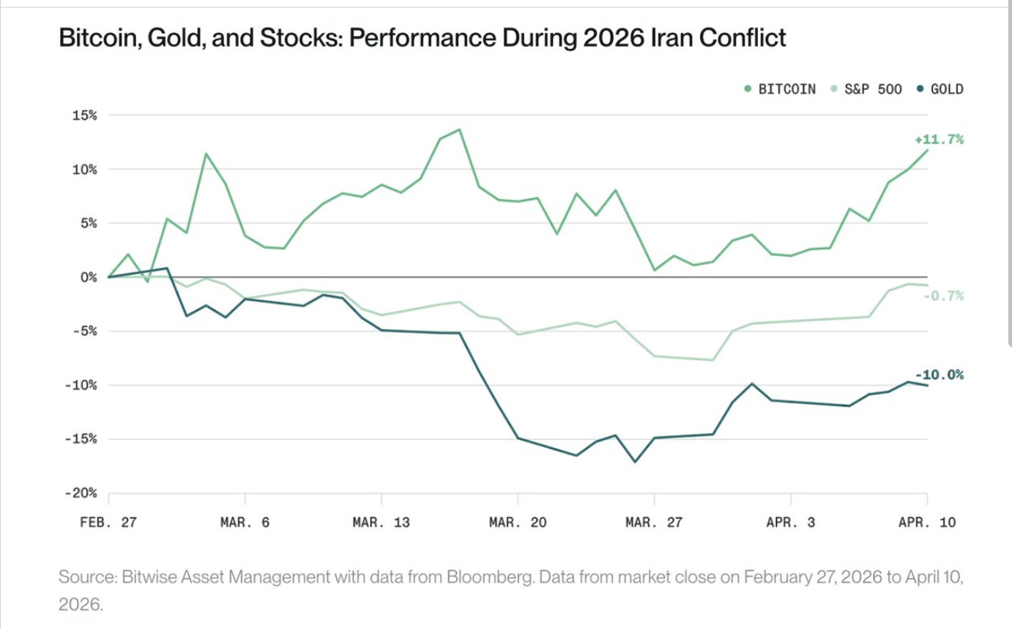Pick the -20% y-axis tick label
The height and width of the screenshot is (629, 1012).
tap(83, 493)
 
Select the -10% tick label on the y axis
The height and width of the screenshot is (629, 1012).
tap(83, 386)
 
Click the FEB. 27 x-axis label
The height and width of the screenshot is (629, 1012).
tap(108, 523)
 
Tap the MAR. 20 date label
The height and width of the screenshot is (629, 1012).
tap(518, 523)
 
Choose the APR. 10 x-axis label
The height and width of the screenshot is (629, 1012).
tap(927, 523)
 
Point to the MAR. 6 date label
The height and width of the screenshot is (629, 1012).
tap(245, 523)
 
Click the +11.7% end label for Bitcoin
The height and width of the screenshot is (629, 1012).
tap(939, 139)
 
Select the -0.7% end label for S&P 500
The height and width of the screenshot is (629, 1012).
tap(943, 296)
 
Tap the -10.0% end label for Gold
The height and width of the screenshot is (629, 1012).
tap(939, 375)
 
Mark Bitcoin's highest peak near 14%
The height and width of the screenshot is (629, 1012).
tap(459, 130)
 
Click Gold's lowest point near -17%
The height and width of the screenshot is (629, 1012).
tap(635, 462)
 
